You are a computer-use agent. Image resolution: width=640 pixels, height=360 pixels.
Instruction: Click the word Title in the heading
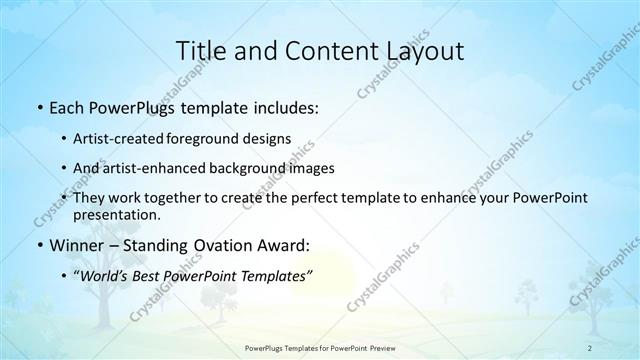197,50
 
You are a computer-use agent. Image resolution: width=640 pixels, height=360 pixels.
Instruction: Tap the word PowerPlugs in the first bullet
133,107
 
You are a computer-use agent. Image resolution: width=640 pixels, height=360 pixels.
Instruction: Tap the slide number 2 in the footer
590,348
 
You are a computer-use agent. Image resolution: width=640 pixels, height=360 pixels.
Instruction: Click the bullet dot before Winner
38,245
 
